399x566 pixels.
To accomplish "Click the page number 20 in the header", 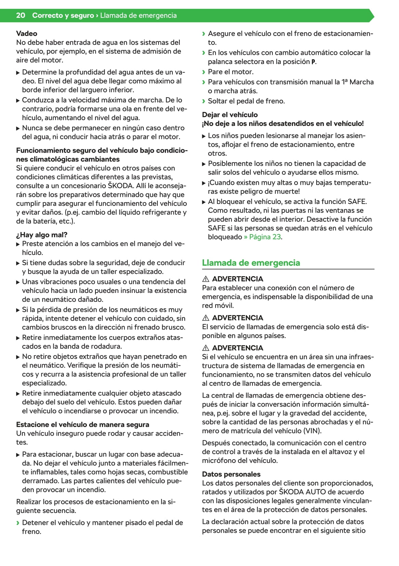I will point(21,15).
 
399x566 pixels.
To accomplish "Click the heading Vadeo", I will point(27,34).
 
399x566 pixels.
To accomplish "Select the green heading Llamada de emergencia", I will point(251,263).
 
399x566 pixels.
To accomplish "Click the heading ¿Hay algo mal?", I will point(42,235).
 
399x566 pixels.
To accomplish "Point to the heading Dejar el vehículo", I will point(230,115).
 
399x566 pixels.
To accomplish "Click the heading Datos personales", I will point(231,474).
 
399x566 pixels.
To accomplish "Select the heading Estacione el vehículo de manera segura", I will point(82,425).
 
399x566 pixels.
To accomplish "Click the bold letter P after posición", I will point(313,62).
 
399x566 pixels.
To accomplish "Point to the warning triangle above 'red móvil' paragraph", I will point(206,279).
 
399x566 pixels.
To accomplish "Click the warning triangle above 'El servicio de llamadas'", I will point(206,318).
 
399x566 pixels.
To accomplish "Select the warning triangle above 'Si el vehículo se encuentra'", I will point(206,348).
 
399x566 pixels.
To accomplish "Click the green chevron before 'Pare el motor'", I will point(204,72).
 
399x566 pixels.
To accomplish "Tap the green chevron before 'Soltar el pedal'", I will point(204,101).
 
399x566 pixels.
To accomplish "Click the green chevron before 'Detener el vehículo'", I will point(18,523).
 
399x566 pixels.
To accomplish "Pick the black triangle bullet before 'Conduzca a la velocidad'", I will point(18,101).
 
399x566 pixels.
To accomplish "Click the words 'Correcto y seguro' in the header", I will point(63,15).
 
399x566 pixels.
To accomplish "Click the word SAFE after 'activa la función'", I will point(358,202).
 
